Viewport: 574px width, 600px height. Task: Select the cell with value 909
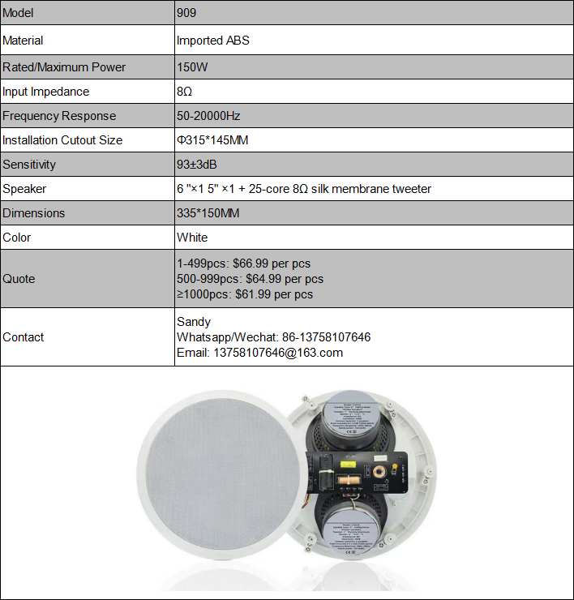(x=186, y=14)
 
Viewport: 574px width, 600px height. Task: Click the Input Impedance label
(x=46, y=92)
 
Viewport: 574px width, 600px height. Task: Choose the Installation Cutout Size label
(x=62, y=140)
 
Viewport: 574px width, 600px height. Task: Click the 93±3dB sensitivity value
(x=197, y=165)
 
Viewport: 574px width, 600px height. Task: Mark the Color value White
(x=192, y=238)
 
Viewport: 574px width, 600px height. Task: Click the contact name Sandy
(x=193, y=322)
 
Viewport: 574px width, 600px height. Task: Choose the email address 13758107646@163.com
(x=277, y=353)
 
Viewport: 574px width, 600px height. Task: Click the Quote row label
(x=19, y=279)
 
